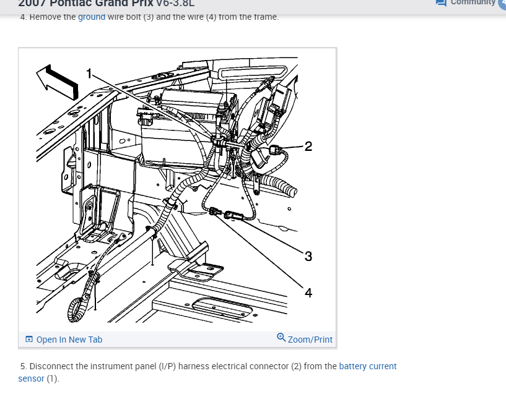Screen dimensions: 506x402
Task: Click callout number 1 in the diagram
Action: pos(89,74)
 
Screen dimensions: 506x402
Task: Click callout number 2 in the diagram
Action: pos(308,146)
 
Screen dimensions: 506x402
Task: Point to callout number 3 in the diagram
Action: pos(308,256)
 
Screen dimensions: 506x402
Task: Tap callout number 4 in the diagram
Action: pos(308,293)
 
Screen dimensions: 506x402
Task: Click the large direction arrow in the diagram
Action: pos(58,80)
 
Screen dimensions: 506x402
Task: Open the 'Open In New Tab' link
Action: pos(69,340)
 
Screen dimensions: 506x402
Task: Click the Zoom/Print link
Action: pos(310,340)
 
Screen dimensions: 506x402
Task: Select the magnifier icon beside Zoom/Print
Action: pos(281,338)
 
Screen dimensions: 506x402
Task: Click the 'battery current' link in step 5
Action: pos(368,366)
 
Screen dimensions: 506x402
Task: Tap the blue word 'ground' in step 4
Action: pos(92,17)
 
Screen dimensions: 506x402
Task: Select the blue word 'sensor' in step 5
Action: pos(31,378)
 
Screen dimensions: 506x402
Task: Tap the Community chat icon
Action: pos(441,2)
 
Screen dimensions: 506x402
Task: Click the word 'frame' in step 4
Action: pos(264,17)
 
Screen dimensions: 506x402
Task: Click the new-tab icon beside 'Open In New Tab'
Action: pos(28,340)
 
